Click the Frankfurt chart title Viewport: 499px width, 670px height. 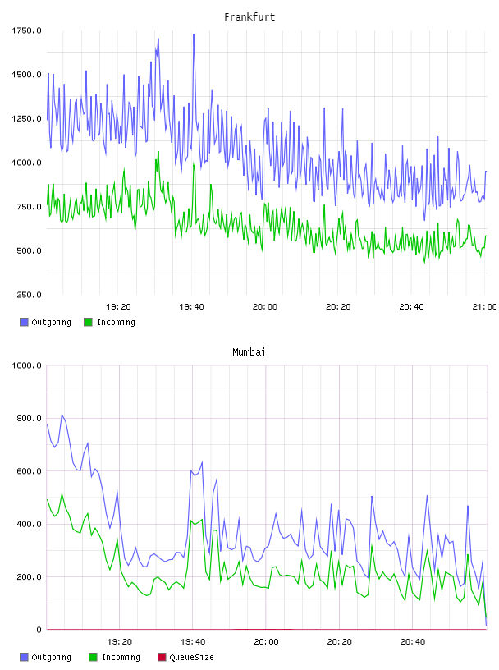coord(249,17)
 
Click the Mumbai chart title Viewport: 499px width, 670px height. coord(249,352)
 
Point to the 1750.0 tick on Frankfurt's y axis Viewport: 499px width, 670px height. coord(26,30)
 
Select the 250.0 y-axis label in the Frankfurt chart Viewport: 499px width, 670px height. coord(29,295)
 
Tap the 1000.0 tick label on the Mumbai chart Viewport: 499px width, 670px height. coord(26,365)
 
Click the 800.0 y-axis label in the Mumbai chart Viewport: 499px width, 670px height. coord(29,418)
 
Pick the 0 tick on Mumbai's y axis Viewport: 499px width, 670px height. coord(39,630)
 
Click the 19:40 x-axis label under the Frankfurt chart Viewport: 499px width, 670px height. coord(191,307)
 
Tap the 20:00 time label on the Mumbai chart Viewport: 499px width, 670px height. coord(266,642)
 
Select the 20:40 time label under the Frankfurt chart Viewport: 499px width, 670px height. coord(411,307)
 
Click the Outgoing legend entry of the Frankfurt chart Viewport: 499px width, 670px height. coord(45,322)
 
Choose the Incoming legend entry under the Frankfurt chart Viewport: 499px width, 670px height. coord(110,322)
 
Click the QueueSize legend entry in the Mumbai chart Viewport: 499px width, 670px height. coord(185,657)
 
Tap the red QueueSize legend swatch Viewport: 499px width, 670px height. coord(162,657)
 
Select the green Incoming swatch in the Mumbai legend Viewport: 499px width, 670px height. coord(93,657)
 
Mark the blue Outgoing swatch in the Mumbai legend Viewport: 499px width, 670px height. coord(24,657)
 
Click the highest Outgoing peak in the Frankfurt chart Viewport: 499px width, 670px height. coord(194,34)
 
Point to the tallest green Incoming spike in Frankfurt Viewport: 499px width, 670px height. coord(158,152)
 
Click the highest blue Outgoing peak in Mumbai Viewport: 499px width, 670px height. coord(62,415)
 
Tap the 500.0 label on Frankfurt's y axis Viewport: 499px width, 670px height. coord(29,250)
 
